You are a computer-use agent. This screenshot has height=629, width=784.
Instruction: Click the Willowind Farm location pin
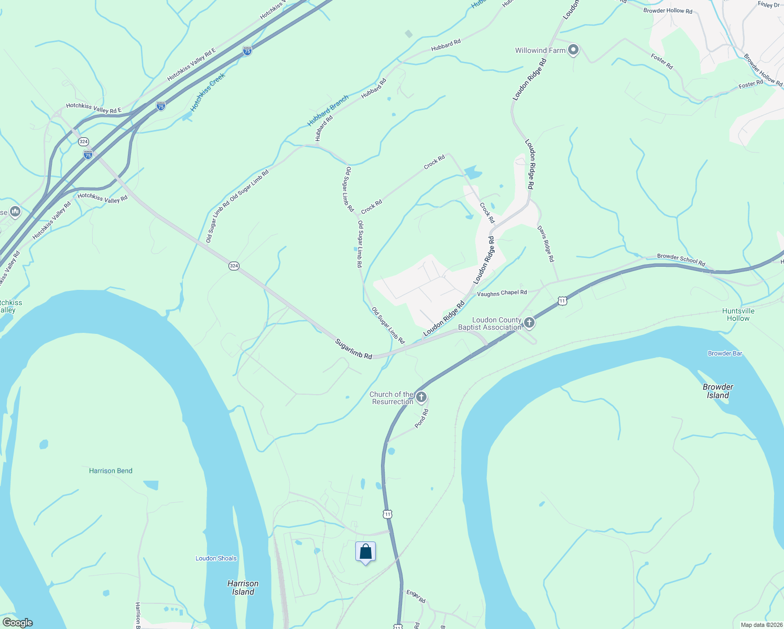[x=573, y=50]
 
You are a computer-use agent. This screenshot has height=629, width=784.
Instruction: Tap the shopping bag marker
[x=365, y=552]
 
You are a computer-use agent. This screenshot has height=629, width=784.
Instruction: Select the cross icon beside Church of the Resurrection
[x=421, y=398]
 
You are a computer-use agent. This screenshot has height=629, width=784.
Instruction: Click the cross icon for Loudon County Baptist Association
[x=529, y=323]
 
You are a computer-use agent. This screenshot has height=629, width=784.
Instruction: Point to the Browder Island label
[x=718, y=391]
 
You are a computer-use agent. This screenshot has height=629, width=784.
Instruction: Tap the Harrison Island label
[x=243, y=588]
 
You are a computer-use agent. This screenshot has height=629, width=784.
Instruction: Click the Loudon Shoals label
[x=216, y=558]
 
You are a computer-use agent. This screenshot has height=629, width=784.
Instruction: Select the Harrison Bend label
[x=111, y=471]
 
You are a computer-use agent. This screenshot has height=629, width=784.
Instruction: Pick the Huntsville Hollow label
[x=738, y=314]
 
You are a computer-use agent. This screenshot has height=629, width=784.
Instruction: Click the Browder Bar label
[x=725, y=353]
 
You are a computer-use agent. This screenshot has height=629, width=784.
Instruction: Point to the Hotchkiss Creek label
[x=208, y=92]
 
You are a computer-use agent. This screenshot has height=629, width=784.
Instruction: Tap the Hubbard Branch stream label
[x=328, y=111]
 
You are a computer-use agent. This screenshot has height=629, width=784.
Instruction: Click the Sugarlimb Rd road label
[x=354, y=349]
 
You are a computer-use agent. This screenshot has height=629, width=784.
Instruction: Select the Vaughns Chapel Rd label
[x=502, y=293]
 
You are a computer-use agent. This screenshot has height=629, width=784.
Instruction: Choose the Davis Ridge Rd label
[x=546, y=244]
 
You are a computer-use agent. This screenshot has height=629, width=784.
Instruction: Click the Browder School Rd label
[x=681, y=259]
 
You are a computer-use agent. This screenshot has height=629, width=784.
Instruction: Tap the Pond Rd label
[x=422, y=419]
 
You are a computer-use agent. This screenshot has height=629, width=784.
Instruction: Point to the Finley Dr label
[x=769, y=5]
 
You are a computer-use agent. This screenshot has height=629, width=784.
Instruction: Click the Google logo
[x=17, y=623]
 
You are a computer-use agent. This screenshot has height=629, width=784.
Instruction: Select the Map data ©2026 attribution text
[x=761, y=625]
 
